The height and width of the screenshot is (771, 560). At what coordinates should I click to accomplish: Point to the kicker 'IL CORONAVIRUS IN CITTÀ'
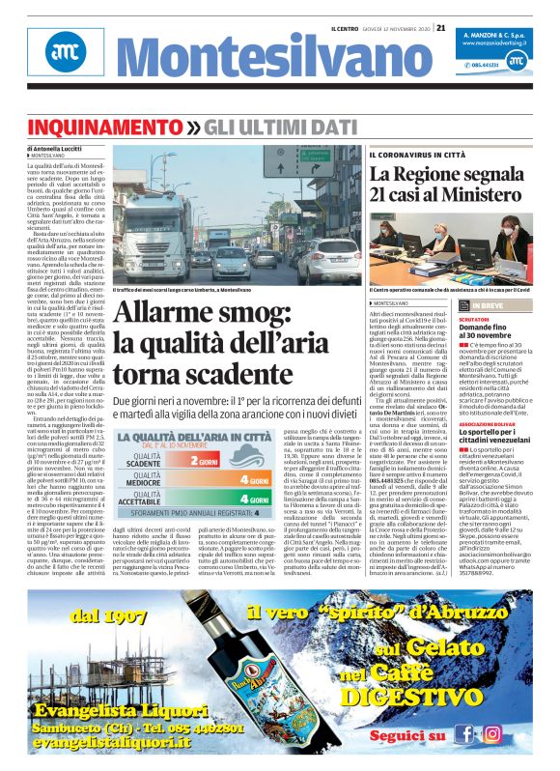pos(416,156)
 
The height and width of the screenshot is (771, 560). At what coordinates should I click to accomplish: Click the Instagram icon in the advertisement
pos(493,733)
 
